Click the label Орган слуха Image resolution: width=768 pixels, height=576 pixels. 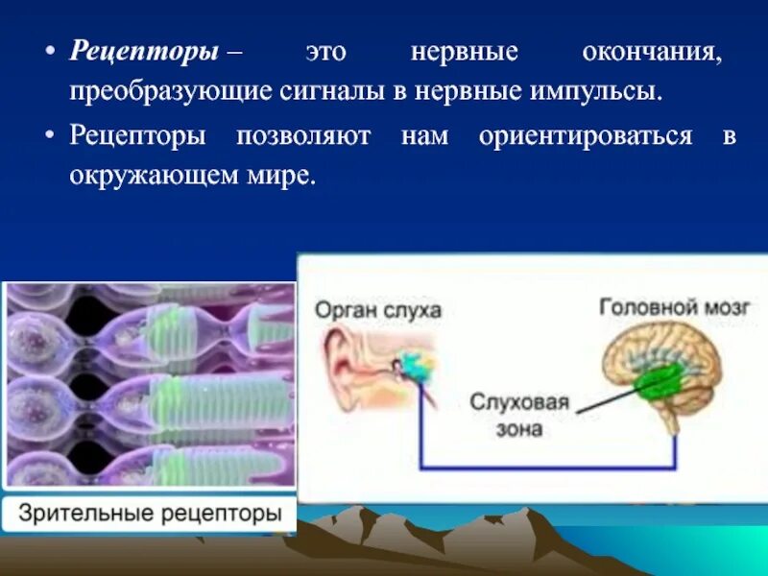click(x=378, y=309)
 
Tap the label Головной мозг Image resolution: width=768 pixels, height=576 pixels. click(x=675, y=307)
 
